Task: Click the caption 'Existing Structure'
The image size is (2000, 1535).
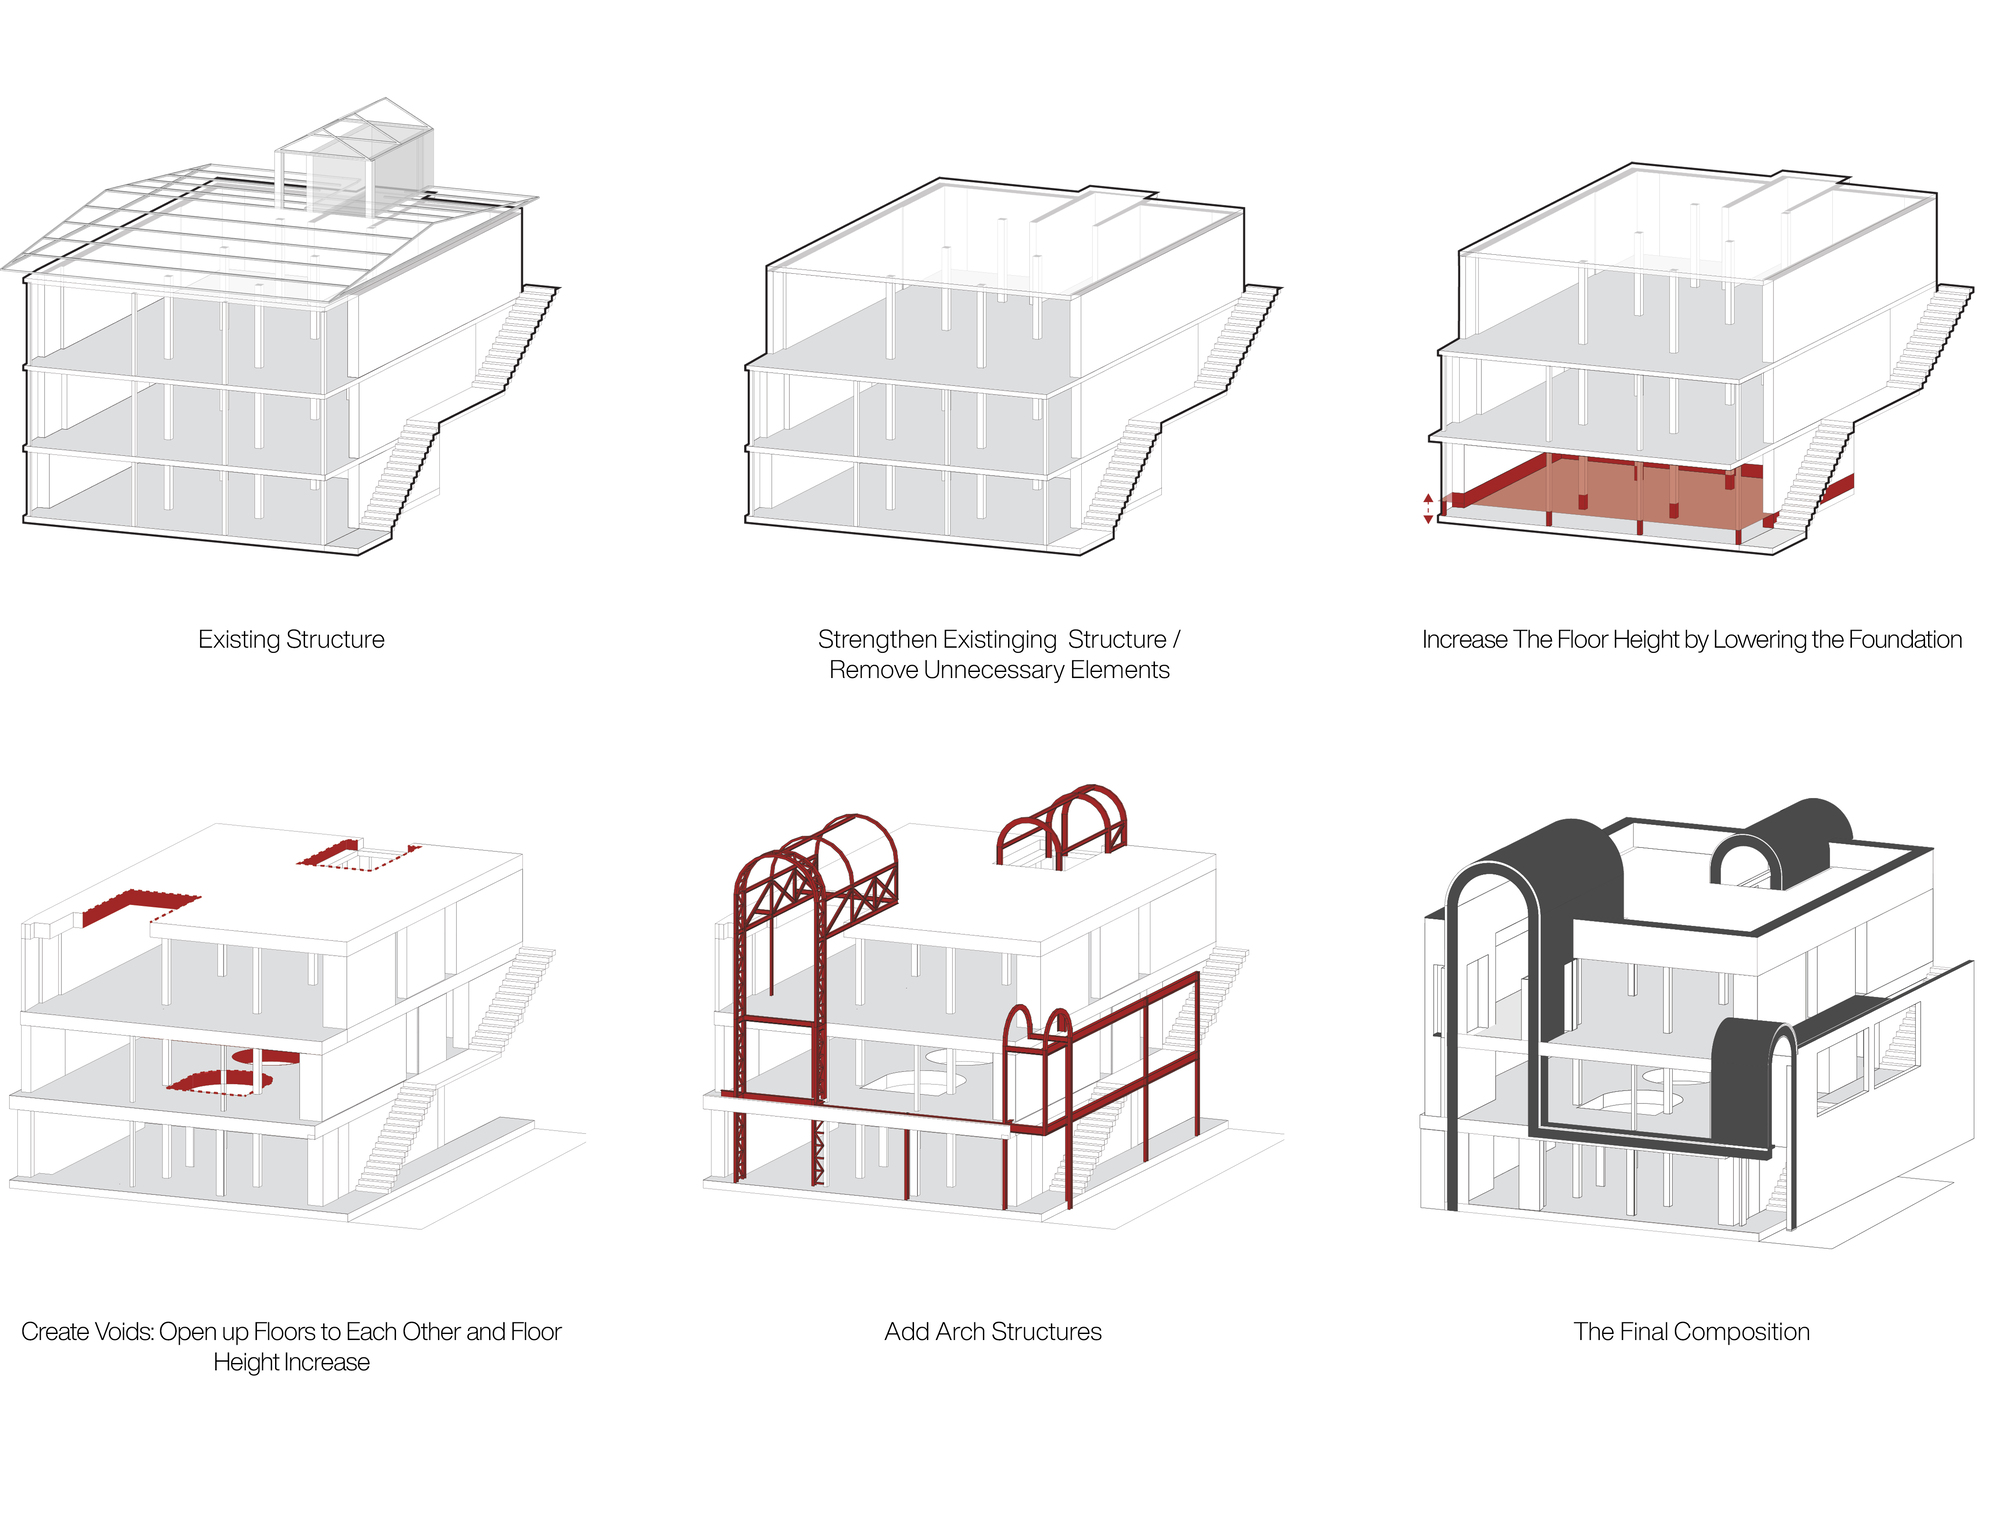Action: pos(291,639)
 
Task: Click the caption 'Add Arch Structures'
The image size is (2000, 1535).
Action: pos(993,1332)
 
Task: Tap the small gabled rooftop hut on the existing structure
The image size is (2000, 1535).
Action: pos(355,160)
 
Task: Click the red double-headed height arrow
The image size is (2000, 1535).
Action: pos(1428,508)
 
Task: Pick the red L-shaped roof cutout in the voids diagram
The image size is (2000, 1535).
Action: pos(140,905)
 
